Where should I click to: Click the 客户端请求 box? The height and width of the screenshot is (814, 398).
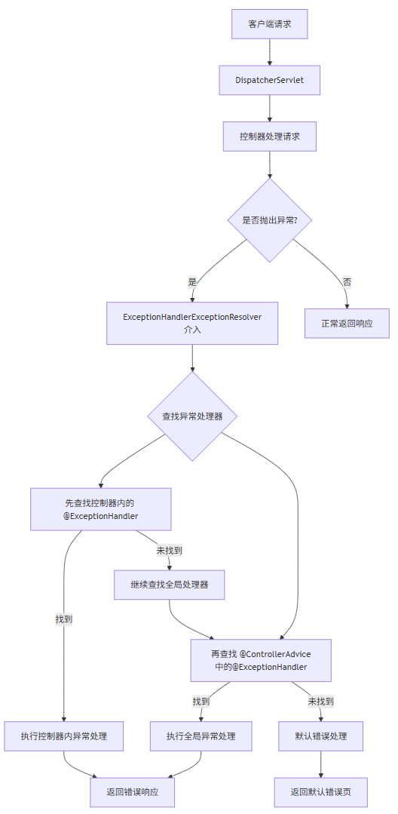(x=269, y=24)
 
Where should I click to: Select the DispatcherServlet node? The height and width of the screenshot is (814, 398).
(x=269, y=80)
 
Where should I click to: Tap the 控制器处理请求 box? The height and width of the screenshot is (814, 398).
(x=269, y=137)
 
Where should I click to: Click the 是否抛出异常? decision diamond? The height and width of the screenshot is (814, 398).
(x=269, y=220)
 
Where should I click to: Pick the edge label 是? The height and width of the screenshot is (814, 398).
(x=192, y=281)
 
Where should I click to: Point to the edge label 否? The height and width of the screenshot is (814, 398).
(x=347, y=281)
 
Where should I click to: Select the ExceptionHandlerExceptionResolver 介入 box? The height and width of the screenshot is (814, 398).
(x=192, y=323)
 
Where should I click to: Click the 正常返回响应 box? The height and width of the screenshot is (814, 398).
(x=347, y=323)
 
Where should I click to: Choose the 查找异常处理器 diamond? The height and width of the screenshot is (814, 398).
(x=192, y=416)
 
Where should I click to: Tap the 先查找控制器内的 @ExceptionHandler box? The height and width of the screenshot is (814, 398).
(x=100, y=509)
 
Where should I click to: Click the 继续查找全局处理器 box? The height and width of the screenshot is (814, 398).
(x=169, y=584)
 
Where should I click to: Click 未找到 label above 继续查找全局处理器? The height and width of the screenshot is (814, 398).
(x=169, y=551)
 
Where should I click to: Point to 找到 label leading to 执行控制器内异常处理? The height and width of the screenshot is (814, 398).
(x=63, y=619)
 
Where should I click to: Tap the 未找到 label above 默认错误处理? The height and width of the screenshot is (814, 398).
(x=320, y=701)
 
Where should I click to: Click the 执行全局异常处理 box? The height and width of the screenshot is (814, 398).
(x=201, y=736)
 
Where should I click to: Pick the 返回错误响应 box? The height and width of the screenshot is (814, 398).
(x=132, y=792)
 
